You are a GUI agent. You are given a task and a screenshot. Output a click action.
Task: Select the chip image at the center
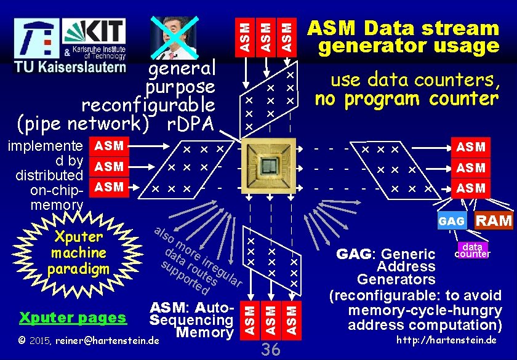point(269,166)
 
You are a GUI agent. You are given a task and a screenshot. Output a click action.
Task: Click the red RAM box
point(495,220)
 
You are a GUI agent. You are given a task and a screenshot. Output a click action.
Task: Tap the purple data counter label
point(472,250)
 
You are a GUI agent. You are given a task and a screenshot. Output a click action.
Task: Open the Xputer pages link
point(73,318)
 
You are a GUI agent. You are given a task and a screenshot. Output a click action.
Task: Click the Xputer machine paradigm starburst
point(79,253)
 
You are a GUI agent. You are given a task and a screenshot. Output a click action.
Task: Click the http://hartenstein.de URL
point(446,340)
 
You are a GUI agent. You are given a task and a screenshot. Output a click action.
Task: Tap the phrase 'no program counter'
point(406,98)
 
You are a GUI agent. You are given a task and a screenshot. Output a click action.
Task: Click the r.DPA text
point(191,124)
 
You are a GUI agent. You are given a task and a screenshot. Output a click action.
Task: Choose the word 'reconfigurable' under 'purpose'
point(148,105)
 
